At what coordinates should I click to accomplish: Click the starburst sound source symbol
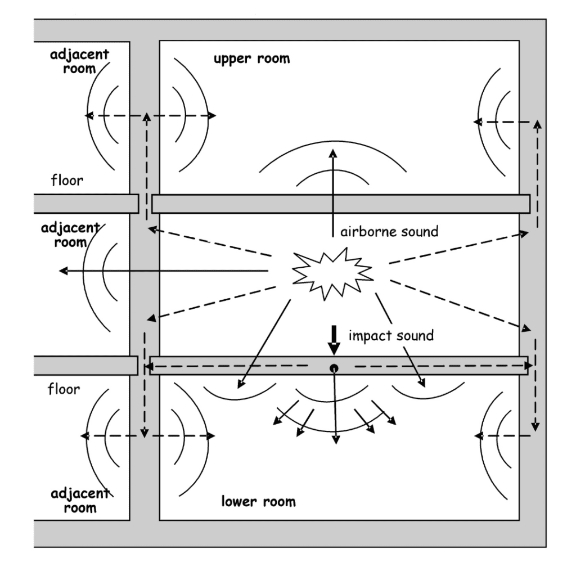(x=333, y=274)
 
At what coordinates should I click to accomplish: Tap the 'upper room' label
(x=251, y=58)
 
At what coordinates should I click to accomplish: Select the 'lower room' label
(x=258, y=501)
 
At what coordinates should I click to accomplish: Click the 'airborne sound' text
(x=389, y=232)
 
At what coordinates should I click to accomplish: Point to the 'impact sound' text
(x=391, y=336)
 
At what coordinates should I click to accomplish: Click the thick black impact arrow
(x=334, y=340)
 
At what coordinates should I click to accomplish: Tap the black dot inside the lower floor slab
(x=334, y=368)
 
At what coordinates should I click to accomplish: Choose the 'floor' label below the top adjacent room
(x=67, y=181)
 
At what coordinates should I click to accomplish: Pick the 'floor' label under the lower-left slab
(x=64, y=389)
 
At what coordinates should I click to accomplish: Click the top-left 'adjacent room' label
(x=79, y=61)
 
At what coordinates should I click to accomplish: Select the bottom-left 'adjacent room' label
(x=80, y=500)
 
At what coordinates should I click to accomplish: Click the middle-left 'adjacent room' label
(x=70, y=235)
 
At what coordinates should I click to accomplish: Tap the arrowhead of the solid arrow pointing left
(x=63, y=271)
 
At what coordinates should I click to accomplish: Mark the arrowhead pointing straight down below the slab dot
(x=336, y=440)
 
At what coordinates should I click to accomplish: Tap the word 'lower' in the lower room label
(x=238, y=501)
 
